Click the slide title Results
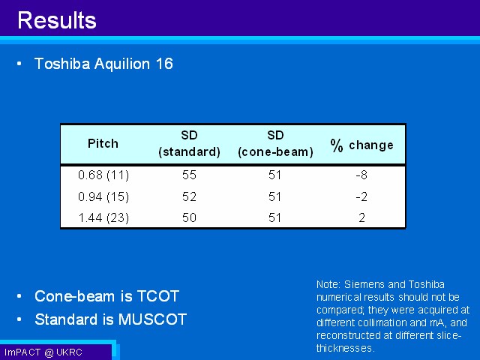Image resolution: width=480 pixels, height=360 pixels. tap(57, 20)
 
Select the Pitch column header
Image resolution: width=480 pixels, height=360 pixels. tap(103, 143)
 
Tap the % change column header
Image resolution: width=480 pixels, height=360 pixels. tap(361, 145)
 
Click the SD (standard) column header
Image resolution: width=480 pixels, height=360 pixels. tap(189, 143)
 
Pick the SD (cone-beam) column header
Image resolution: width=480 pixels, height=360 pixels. tap(275, 143)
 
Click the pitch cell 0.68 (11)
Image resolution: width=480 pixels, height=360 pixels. tap(103, 175)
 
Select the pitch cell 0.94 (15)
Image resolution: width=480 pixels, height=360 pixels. tap(103, 196)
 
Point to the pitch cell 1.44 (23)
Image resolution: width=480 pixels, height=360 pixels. tap(103, 218)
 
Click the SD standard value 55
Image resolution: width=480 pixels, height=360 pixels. tap(189, 175)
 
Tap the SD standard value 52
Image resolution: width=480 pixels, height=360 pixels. tap(189, 196)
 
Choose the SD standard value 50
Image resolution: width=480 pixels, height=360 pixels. tap(189, 217)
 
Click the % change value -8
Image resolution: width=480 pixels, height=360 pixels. tap(361, 175)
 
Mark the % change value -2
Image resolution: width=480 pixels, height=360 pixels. tap(361, 196)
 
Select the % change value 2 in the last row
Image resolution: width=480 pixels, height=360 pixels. tap(361, 217)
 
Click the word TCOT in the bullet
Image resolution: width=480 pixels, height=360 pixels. tap(158, 296)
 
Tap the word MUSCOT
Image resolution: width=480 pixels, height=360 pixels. tap(152, 319)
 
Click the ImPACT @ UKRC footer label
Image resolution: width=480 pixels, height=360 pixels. tap(43, 352)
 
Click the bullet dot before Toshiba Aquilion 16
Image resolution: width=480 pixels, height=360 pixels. tap(19, 64)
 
